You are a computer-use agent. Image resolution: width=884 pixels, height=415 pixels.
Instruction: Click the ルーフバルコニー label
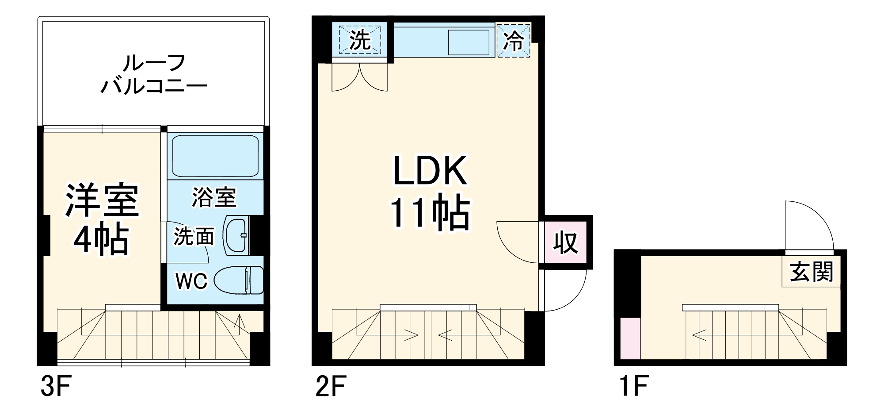point(153,74)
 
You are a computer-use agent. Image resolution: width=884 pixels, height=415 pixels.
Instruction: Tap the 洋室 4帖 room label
point(102,219)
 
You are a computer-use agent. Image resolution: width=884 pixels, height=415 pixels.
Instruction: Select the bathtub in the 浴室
point(215,156)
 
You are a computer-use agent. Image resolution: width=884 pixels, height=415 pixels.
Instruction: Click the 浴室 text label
point(214,197)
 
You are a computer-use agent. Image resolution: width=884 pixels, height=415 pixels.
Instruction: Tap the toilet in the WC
point(239,280)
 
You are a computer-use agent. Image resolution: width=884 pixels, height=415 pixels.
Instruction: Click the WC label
point(191,281)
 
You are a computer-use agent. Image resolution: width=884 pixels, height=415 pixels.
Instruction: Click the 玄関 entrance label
point(811,272)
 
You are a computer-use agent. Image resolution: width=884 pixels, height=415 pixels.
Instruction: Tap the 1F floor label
point(633,386)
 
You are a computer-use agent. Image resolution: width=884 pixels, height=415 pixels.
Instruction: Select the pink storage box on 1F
point(630,338)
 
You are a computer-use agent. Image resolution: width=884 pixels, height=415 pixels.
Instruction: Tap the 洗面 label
point(193,236)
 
